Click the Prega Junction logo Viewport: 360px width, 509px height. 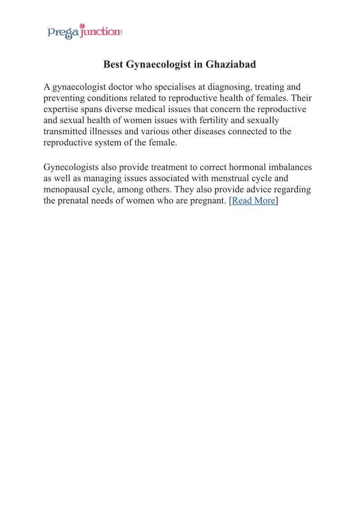pyautogui.click(x=84, y=32)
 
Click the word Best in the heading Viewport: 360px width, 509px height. pyautogui.click(x=113, y=64)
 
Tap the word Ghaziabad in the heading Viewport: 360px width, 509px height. pyautogui.click(x=230, y=64)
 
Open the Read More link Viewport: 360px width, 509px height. pyautogui.click(x=253, y=200)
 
